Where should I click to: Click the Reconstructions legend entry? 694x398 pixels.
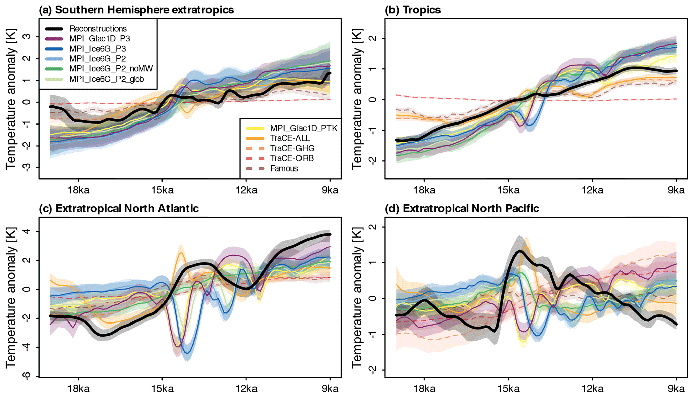[98, 29]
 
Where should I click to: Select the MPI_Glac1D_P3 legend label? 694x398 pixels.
[99, 39]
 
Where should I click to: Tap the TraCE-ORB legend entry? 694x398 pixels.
[292, 158]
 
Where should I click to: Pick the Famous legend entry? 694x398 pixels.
[284, 168]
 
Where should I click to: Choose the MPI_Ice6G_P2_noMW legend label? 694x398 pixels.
[111, 69]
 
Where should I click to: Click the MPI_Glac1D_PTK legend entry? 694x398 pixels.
[304, 128]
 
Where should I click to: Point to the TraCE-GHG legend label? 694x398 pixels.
[292, 148]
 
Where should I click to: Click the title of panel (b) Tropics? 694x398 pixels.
[413, 10]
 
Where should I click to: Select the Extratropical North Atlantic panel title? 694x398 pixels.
[119, 208]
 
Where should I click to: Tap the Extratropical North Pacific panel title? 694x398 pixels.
[462, 208]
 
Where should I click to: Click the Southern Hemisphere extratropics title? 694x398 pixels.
[136, 10]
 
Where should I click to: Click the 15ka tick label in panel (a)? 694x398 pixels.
[162, 190]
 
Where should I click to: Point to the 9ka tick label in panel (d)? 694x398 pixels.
[676, 389]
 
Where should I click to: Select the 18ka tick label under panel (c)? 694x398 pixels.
[78, 389]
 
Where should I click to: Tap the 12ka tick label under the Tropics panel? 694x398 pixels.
[592, 190]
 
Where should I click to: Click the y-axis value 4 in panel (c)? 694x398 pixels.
[25, 232]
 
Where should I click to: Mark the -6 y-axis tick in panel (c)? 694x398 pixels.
[25, 376]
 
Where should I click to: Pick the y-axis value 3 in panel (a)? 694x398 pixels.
[25, 36]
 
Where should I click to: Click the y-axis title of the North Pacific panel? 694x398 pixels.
[357, 297]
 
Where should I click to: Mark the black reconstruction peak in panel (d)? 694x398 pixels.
[520, 251]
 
